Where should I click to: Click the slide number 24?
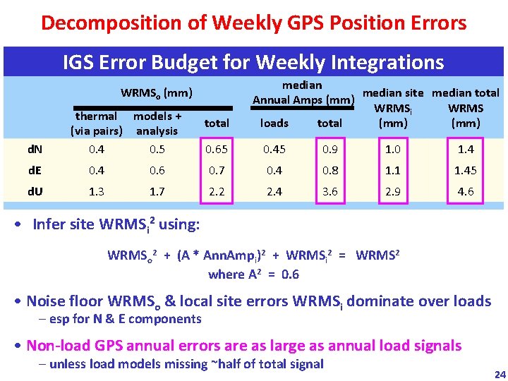(500, 374)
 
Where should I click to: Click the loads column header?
(274, 123)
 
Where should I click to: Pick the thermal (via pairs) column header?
(96, 123)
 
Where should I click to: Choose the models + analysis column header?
(157, 123)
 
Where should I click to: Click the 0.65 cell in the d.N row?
(217, 149)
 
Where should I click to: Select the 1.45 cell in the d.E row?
(466, 170)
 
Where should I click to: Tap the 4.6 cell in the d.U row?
(466, 192)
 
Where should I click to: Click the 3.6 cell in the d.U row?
(329, 192)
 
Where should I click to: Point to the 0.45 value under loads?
(274, 149)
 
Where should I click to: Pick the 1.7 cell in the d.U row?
(157, 192)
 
